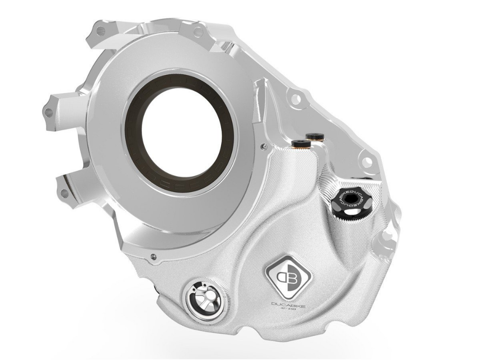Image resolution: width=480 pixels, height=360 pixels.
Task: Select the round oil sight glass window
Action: [203, 299]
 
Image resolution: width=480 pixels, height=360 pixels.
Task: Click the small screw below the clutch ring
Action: [153, 256]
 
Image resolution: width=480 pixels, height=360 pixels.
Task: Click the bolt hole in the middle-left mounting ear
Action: [48, 112]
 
